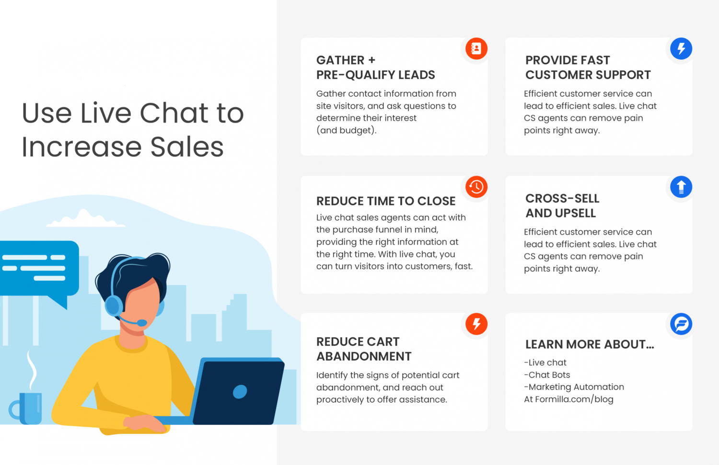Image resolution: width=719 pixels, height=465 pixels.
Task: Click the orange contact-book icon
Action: pos(476,48)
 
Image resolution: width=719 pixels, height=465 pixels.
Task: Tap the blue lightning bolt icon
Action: pos(681,48)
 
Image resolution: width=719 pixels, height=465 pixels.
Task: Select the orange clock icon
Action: pos(476,187)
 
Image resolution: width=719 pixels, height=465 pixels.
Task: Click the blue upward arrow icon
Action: pos(681,187)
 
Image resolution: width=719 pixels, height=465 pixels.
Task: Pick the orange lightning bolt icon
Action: pos(476,324)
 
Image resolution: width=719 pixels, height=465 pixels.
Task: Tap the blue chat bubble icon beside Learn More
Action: pos(681,324)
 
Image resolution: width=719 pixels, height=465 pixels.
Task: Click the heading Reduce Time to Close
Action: pos(386,201)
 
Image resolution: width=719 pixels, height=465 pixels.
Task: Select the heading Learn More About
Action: pos(589,344)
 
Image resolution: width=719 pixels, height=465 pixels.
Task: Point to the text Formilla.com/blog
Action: pos(574,399)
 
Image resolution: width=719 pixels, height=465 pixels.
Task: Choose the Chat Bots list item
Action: pos(548,375)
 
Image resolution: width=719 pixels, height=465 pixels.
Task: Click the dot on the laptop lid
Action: pos(240,392)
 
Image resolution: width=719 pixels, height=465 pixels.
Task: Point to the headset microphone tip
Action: pos(142,323)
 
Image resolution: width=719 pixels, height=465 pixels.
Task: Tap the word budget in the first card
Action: pos(356,130)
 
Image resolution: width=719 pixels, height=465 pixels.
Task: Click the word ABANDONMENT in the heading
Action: pos(364,356)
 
